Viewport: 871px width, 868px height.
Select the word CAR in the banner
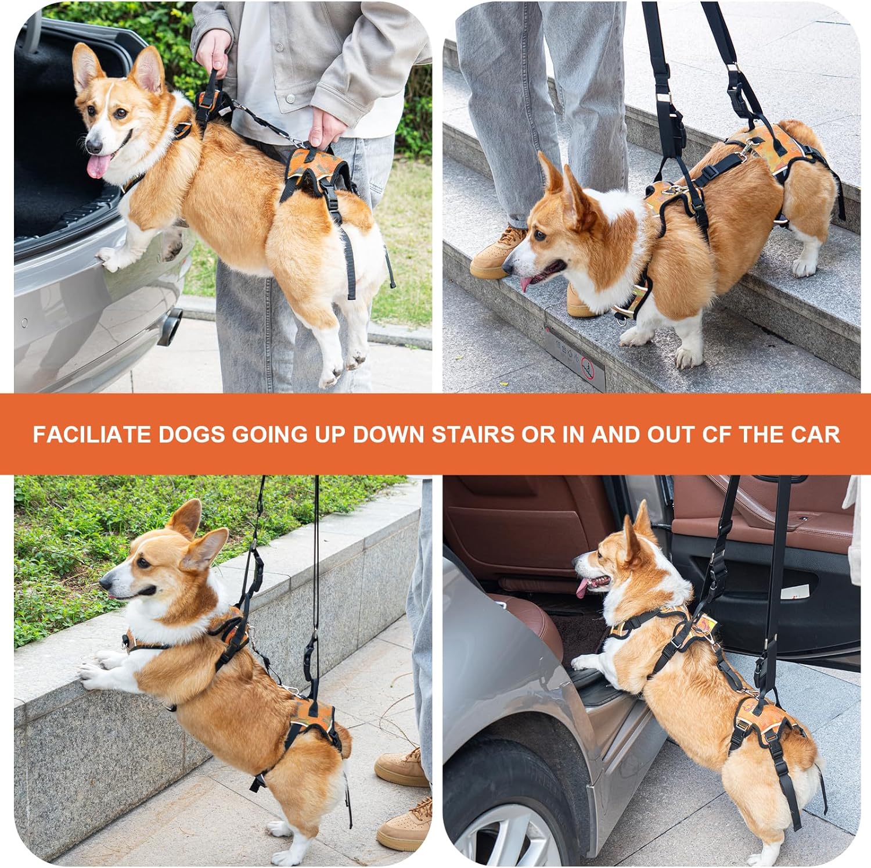coord(815,435)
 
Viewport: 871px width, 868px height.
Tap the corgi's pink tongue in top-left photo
coord(98,166)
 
